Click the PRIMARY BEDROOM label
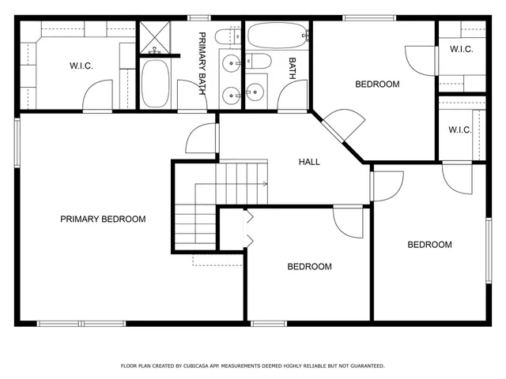click(103, 220)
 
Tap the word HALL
click(309, 162)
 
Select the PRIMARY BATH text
click(202, 64)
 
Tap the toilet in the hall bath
click(259, 63)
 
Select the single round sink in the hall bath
click(254, 92)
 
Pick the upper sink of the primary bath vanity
click(229, 64)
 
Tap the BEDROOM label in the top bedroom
click(376, 84)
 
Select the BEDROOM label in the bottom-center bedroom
click(308, 267)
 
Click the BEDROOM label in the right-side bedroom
click(429, 245)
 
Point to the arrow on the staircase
click(263, 184)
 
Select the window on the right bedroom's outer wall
click(487, 250)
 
